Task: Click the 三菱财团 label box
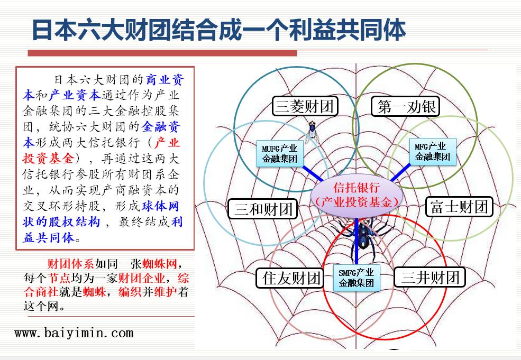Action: (x=305, y=107)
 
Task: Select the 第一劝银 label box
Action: (x=406, y=107)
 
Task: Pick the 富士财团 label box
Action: (x=459, y=206)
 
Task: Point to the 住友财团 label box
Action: (x=291, y=278)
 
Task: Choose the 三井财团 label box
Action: (x=429, y=277)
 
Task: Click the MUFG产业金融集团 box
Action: (x=279, y=153)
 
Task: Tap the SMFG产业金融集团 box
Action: (x=356, y=278)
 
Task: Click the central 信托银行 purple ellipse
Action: (x=357, y=195)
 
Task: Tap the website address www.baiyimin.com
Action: (x=74, y=333)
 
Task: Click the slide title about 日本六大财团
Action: (x=218, y=30)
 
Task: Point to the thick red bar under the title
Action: (x=162, y=53)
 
